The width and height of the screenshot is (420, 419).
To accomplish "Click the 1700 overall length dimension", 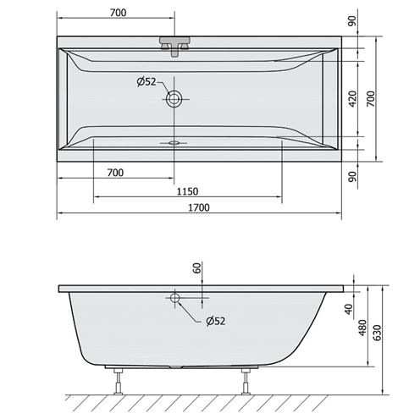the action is tap(199, 207).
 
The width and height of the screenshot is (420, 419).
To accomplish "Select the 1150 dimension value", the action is tap(187, 191).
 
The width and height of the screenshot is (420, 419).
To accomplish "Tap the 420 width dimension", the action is tap(352, 99).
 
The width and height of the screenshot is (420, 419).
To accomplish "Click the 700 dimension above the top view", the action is tap(119, 13).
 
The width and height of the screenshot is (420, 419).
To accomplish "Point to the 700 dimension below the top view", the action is tap(115, 173).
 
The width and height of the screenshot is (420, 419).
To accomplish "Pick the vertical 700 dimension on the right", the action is tap(371, 99).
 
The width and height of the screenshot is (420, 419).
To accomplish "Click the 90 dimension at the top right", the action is tap(352, 21).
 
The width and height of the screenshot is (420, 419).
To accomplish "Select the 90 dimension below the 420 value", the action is tap(352, 176).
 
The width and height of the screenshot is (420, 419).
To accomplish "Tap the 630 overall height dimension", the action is tap(379, 333).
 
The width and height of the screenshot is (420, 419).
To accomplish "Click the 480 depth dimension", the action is tap(362, 328).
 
